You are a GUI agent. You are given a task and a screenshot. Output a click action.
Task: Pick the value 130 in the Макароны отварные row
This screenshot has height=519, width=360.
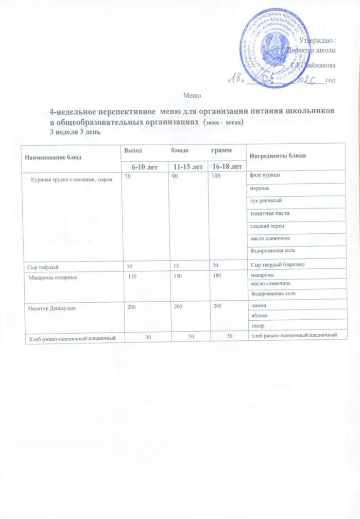click(x=133, y=277)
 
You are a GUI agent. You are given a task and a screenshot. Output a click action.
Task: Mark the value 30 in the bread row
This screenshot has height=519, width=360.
click(x=148, y=337)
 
